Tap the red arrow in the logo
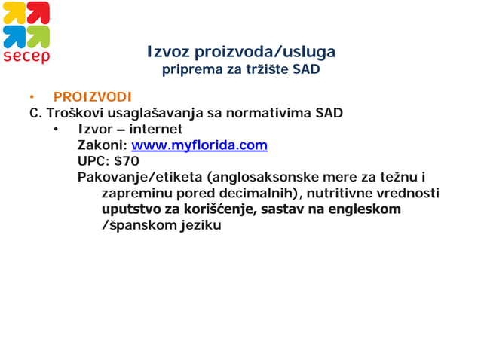point(38,13)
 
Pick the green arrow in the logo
point(38,36)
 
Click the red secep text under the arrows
point(26,57)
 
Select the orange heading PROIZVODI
point(92,97)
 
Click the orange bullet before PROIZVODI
point(32,98)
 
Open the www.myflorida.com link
point(199,145)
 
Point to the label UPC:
point(93,161)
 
